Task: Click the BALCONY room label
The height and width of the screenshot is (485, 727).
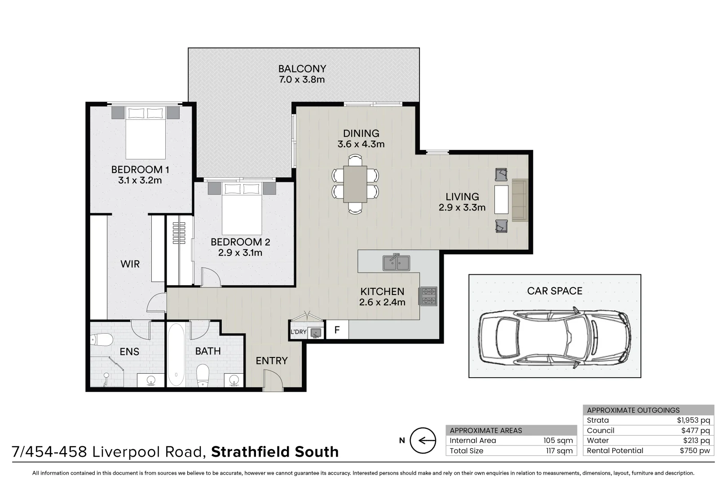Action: click(x=302, y=69)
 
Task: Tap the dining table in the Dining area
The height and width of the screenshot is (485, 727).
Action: click(x=355, y=184)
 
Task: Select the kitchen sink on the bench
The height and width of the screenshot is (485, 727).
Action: click(x=396, y=262)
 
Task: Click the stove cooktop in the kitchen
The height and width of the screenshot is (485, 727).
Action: click(x=427, y=296)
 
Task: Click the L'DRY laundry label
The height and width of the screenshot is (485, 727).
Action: click(x=298, y=332)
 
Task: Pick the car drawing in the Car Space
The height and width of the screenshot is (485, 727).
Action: click(x=554, y=338)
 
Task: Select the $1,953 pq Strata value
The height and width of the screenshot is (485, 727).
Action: click(x=693, y=420)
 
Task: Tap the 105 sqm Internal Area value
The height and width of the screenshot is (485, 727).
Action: click(x=558, y=441)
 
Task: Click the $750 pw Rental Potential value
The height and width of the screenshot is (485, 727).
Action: click(x=695, y=450)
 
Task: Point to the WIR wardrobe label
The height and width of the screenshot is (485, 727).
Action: click(x=130, y=264)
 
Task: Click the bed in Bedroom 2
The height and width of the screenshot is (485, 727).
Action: click(x=242, y=207)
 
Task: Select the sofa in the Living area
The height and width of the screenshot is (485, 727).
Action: click(x=520, y=200)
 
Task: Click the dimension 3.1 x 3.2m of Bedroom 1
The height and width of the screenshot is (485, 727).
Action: click(x=140, y=181)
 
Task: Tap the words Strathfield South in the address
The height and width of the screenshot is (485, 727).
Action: click(x=275, y=452)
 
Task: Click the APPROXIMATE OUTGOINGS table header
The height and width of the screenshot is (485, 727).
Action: click(x=633, y=410)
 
